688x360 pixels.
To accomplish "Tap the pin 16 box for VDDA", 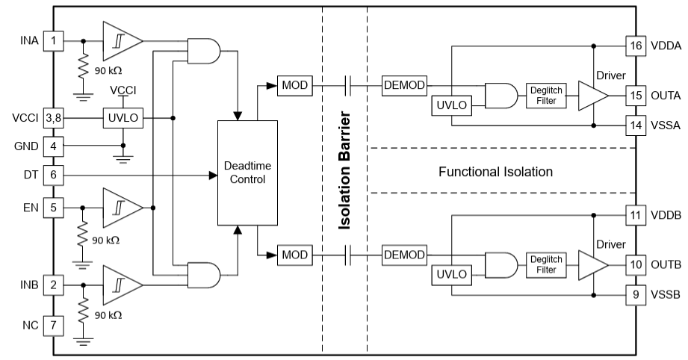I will pos(634,45).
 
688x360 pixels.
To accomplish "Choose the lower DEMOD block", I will pos(404,255).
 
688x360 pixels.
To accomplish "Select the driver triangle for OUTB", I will pos(593,264).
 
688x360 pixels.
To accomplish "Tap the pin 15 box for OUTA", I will pos(634,95).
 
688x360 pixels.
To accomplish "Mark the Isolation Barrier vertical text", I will pos(344,171).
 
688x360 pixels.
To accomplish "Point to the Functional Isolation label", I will pos(496,172).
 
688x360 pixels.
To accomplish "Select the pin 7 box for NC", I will pos(52,326).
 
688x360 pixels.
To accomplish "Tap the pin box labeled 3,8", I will pos(52,118).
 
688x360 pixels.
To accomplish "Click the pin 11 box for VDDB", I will pos(634,216).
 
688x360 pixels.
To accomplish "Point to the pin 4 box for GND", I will pos(52,147).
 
